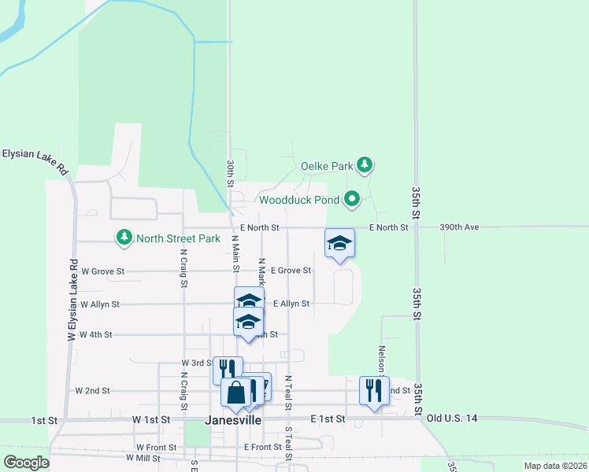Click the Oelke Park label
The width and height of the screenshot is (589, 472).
tap(327, 166)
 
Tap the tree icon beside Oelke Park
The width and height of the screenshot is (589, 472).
tap(364, 164)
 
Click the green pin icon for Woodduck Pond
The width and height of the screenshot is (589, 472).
tap(352, 199)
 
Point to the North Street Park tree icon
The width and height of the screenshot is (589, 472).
tap(124, 236)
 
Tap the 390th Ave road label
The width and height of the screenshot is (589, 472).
tap(459, 227)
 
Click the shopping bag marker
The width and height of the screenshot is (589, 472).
tap(235, 391)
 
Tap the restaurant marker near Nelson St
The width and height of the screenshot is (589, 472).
tap(373, 389)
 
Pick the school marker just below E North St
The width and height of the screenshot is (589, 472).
tap(339, 243)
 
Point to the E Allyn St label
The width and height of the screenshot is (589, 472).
tap(291, 303)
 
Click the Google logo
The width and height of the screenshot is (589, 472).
tap(27, 462)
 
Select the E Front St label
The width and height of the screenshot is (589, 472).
tap(263, 447)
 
